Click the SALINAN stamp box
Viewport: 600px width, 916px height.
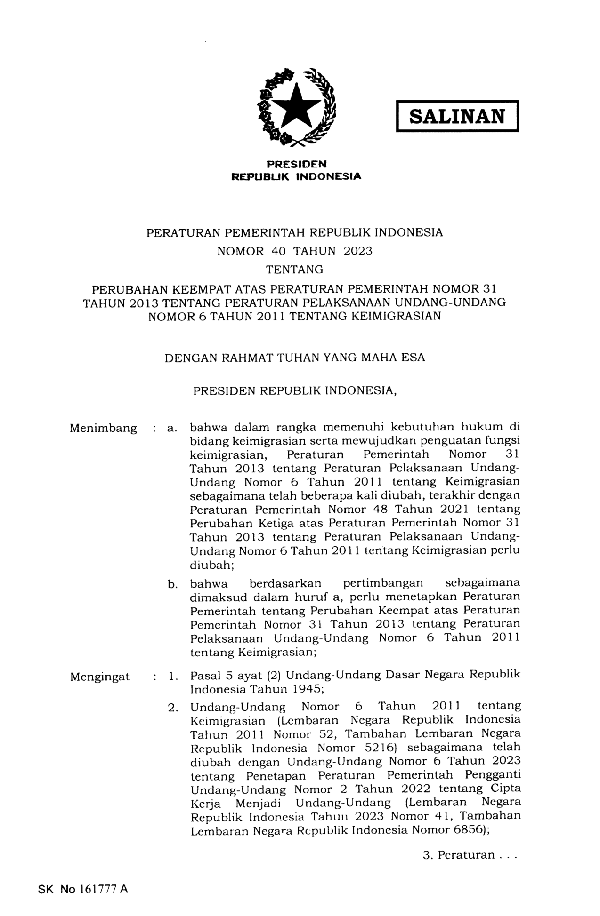tap(456, 116)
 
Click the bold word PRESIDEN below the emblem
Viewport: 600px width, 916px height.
tap(297, 164)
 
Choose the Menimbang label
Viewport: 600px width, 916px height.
tap(103, 429)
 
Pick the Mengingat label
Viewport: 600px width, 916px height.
tap(100, 677)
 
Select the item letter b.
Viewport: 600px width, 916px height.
tap(172, 585)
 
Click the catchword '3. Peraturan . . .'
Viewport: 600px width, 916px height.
tap(470, 855)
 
